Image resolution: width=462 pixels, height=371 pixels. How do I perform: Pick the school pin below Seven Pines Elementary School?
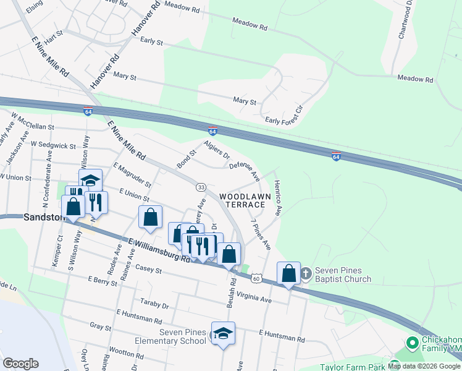223,334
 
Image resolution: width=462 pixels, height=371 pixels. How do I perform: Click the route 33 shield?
201,187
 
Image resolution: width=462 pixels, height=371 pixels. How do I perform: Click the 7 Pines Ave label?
260,234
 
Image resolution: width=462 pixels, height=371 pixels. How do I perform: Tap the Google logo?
20,364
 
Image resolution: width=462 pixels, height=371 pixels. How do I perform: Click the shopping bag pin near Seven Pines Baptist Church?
288,273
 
